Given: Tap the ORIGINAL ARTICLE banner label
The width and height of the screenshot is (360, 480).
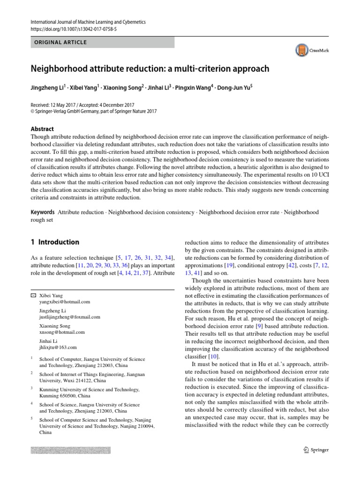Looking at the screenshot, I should [60, 43].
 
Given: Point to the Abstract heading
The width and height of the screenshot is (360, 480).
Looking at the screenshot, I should [42, 129].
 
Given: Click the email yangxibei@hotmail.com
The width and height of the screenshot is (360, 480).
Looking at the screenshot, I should [64, 302].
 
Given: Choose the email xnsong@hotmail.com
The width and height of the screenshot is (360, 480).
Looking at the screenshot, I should [62, 332].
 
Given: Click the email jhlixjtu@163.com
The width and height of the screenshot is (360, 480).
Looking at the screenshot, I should [58, 347].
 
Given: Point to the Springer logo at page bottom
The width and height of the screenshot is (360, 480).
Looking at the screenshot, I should [314, 450].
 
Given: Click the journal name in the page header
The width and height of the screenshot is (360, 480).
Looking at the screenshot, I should [88, 22].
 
